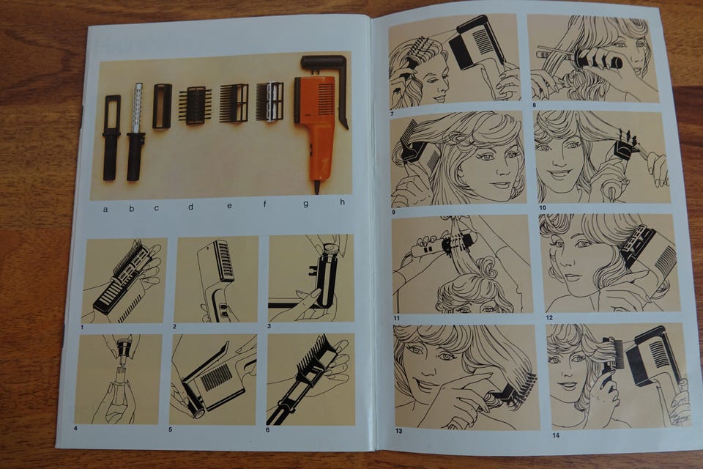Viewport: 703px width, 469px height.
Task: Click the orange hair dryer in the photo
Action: pos(314,125)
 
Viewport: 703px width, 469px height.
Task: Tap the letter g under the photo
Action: pos(306,204)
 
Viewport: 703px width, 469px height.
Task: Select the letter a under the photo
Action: pos(105,209)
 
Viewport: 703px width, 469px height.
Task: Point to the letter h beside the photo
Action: pos(343,202)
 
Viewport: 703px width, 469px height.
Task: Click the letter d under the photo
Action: pos(190,207)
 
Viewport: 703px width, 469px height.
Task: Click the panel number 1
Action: pos(82,327)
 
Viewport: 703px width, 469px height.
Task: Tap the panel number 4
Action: pos(75,429)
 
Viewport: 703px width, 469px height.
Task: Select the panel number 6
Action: pos(268,430)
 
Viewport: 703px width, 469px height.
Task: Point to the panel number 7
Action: pos(392,114)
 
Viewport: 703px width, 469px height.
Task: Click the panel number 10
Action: pos(543,208)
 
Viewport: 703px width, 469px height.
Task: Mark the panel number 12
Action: pos(549,318)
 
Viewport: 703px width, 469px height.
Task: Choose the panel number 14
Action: pos(556,435)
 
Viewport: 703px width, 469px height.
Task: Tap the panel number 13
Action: pos(398,432)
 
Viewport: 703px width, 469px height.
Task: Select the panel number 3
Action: pos(269,326)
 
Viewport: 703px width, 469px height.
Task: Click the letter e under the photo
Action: pos(229,205)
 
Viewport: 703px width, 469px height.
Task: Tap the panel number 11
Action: pos(396,318)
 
